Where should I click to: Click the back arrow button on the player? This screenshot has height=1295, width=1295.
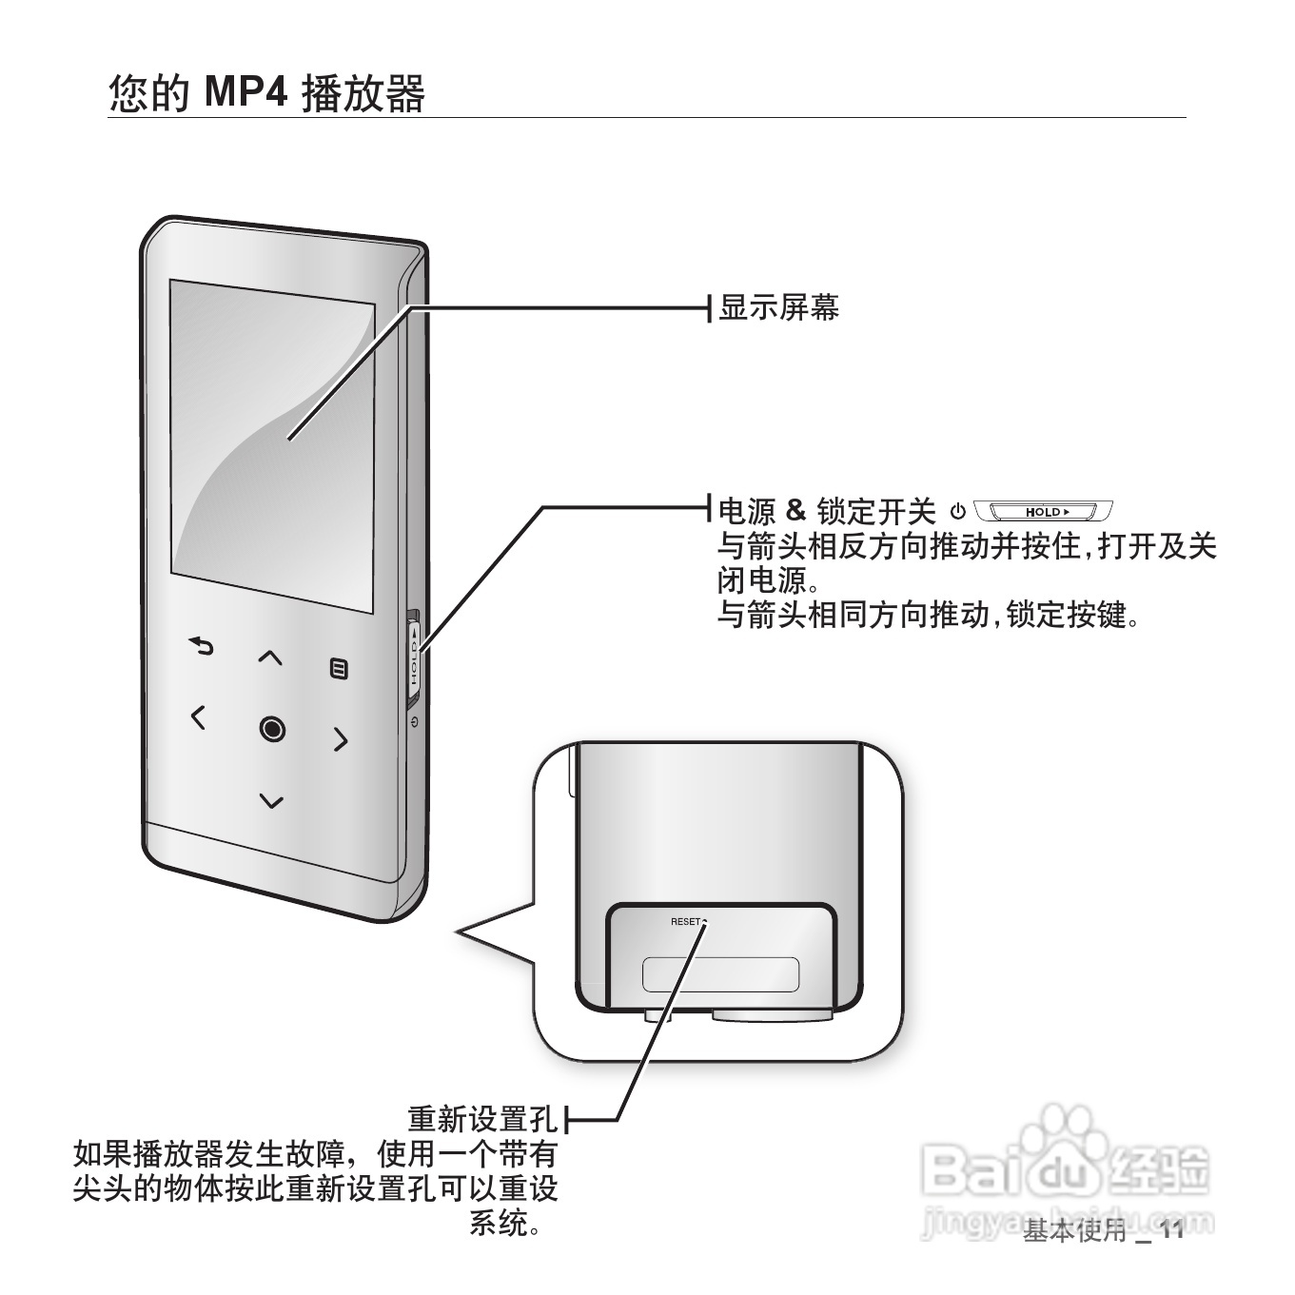pos(201,647)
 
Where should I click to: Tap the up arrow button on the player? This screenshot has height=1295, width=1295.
pos(271,657)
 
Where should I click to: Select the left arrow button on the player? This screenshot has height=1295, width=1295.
pos(198,716)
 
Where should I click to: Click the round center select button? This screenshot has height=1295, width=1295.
pos(272,729)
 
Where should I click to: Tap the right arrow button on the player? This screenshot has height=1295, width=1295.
pos(341,738)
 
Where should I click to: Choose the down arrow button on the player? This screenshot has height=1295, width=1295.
pos(272,801)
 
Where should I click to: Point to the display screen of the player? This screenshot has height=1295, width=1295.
pos(272,447)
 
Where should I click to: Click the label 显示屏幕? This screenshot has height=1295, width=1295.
pos(778,308)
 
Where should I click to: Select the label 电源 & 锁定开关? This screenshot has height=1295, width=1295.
pos(826,511)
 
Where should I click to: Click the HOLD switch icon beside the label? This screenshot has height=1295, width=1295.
pos(1044,512)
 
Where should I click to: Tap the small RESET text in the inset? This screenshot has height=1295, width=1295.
pos(685,921)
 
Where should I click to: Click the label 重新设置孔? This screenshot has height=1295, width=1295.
pos(482,1118)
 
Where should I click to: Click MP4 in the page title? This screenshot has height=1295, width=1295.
pos(246,92)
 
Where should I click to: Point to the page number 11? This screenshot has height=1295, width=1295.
pos(1171,1230)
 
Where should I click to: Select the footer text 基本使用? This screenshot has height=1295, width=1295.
pos(1073,1231)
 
